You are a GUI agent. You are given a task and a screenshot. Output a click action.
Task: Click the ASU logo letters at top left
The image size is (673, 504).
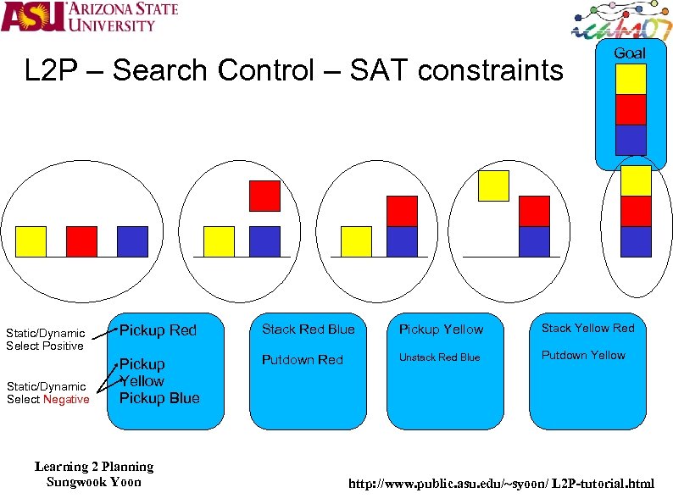(33, 17)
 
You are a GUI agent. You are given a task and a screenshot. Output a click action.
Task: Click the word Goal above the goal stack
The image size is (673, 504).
(629, 53)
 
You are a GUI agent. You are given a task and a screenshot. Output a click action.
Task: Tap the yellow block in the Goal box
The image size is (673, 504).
(631, 79)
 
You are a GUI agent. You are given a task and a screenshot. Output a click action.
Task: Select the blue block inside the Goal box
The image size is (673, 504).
(631, 140)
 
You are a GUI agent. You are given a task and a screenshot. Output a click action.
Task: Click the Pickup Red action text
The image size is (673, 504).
(158, 330)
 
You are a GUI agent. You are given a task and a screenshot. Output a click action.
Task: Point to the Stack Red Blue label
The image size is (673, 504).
(308, 329)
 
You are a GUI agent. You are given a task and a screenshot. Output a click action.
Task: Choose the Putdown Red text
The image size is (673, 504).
(302, 360)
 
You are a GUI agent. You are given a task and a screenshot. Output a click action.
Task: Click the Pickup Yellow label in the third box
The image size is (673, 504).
(441, 330)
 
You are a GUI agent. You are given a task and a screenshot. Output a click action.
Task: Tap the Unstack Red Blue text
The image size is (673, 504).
(439, 357)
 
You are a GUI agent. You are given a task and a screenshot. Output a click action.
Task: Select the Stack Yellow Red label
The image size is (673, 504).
(587, 328)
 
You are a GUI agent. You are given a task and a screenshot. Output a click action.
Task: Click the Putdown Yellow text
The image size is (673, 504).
(583, 355)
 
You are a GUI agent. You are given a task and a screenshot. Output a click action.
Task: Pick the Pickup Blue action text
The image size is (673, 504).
(159, 398)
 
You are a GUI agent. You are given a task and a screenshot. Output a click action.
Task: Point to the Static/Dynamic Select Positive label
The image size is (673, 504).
(45, 339)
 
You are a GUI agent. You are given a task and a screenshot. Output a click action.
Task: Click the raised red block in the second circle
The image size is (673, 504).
(264, 196)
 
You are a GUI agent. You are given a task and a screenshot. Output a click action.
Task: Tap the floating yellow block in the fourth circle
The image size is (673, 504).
(493, 186)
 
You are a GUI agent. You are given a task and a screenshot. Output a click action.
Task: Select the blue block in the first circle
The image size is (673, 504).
(132, 241)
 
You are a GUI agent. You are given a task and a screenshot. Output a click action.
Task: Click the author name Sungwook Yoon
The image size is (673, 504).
(93, 482)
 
